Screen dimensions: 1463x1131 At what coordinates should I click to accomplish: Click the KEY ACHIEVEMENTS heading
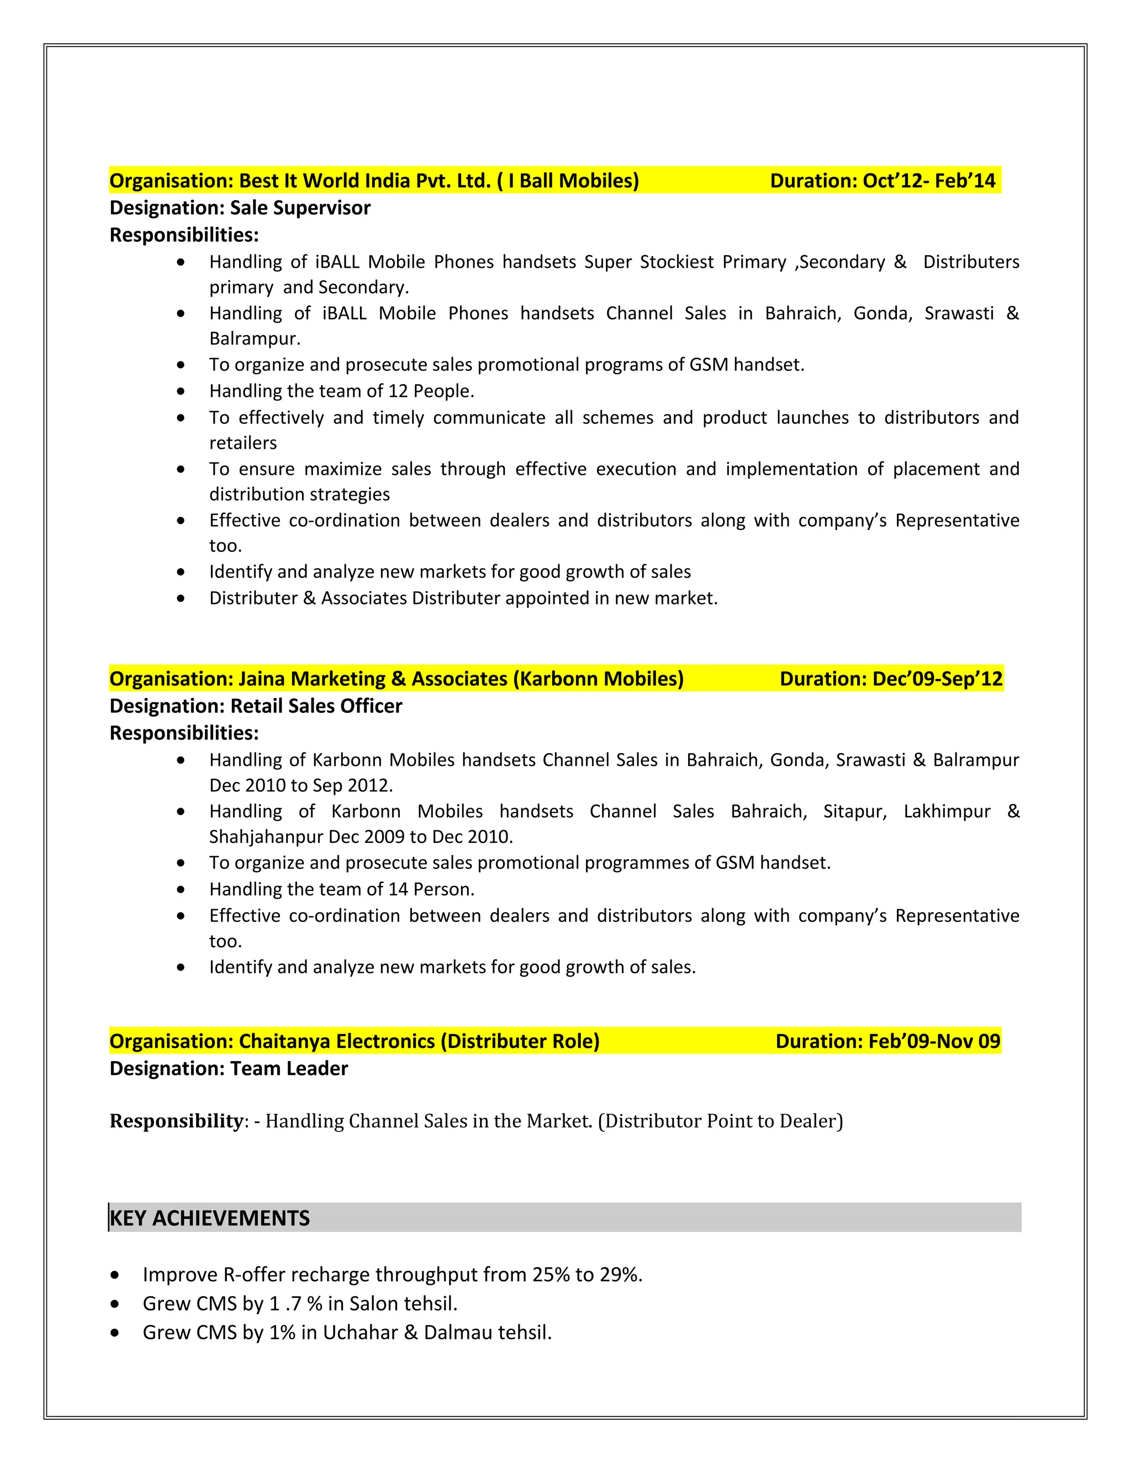coord(210,1218)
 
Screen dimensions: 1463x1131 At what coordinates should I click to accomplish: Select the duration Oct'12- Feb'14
coord(929,181)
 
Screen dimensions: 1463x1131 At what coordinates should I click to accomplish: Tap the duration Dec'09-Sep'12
coord(937,679)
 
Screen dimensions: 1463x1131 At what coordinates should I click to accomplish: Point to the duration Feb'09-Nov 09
coord(934,1041)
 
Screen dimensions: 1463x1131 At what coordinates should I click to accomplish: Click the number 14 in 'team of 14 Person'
coord(398,889)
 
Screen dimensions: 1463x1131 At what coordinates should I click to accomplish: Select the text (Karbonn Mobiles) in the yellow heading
coord(598,679)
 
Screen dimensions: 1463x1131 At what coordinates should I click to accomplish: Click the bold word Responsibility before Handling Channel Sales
coord(176,1121)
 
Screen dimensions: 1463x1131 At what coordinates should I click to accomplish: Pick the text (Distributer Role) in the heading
coord(519,1041)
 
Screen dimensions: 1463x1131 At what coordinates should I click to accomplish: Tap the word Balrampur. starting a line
coord(255,339)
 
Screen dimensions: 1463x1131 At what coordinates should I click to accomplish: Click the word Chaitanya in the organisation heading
coord(284,1041)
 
